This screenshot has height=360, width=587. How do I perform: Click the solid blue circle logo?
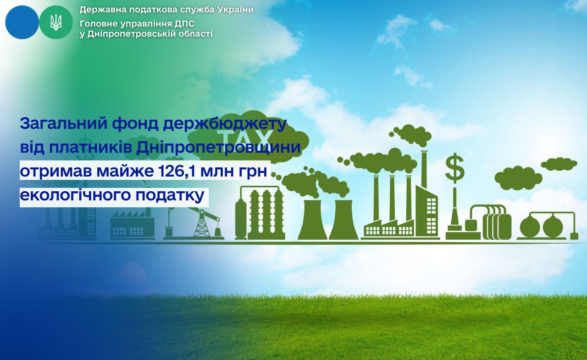point(22,22)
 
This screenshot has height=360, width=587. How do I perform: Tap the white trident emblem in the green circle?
point(56,22)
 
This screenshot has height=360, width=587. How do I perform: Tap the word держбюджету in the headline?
point(225,124)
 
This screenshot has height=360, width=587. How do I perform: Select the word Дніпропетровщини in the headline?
point(218,148)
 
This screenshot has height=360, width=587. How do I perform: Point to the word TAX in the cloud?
point(244,136)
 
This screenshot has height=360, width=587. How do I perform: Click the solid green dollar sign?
point(454,168)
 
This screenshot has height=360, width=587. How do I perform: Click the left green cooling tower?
point(312,220)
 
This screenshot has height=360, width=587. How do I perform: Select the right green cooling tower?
point(343,220)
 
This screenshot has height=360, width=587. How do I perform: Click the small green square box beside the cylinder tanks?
point(471,225)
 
